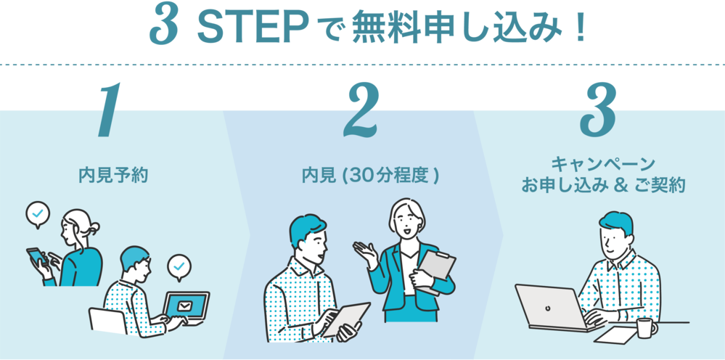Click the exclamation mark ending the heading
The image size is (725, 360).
pyautogui.click(x=581, y=28)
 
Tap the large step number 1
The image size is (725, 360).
pyautogui.click(x=109, y=110)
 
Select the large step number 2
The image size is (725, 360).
pyautogui.click(x=361, y=110)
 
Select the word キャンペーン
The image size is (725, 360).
pyautogui.click(x=603, y=163)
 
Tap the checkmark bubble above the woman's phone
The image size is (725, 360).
pyautogui.click(x=38, y=214)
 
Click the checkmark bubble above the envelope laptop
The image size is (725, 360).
pyautogui.click(x=179, y=266)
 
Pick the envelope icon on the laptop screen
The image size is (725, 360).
pyautogui.click(x=184, y=306)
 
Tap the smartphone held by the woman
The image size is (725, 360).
pyautogui.click(x=38, y=257)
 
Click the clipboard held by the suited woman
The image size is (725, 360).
pyautogui.click(x=436, y=269)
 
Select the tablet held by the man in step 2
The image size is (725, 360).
pyautogui.click(x=346, y=319)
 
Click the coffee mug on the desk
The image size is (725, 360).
pyautogui.click(x=646, y=328)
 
